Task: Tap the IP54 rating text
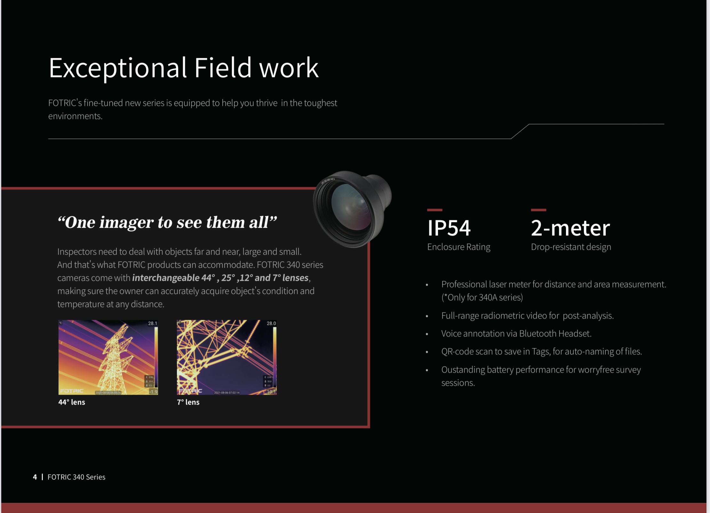pyautogui.click(x=449, y=228)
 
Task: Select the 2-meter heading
pyautogui.click(x=570, y=228)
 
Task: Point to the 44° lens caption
pyautogui.click(x=72, y=402)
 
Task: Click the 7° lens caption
pyautogui.click(x=188, y=402)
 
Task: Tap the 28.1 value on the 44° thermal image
pyautogui.click(x=152, y=323)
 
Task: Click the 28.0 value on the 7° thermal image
pyautogui.click(x=271, y=323)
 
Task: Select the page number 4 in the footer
pyautogui.click(x=35, y=477)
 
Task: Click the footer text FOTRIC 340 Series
pyautogui.click(x=76, y=477)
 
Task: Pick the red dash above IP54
pyautogui.click(x=435, y=210)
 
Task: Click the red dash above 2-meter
pyautogui.click(x=538, y=210)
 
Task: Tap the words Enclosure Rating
pyautogui.click(x=459, y=247)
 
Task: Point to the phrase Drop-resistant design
pyautogui.click(x=571, y=247)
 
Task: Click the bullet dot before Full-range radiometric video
pyautogui.click(x=427, y=316)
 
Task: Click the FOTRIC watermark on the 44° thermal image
pyautogui.click(x=72, y=391)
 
